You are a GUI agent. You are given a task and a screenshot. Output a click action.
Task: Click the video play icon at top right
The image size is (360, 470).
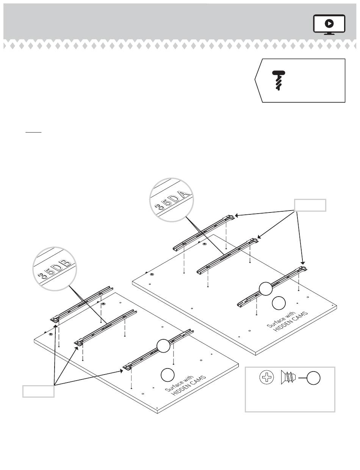pos(329,24)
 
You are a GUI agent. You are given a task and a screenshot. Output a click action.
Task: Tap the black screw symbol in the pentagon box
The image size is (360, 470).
pos(279,80)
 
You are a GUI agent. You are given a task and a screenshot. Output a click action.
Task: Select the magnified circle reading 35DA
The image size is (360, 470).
pos(172,200)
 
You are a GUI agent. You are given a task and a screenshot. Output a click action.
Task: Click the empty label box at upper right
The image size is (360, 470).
pos(310,205)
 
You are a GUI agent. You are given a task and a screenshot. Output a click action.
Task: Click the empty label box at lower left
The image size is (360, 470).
pos(38,391)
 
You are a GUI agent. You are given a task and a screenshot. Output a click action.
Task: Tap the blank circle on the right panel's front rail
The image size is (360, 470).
pos(266,289)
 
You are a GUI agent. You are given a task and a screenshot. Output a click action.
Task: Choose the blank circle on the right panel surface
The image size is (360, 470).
pos(279,303)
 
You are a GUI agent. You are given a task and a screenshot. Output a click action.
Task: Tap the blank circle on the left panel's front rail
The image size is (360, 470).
pos(163,346)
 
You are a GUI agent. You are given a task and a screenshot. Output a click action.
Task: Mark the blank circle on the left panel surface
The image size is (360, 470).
pos(167,375)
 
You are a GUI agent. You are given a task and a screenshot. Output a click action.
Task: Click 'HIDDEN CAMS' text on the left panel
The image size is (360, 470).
pos(189,386)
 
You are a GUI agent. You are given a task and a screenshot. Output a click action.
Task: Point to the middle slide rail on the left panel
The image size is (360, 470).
pos(106,327)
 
